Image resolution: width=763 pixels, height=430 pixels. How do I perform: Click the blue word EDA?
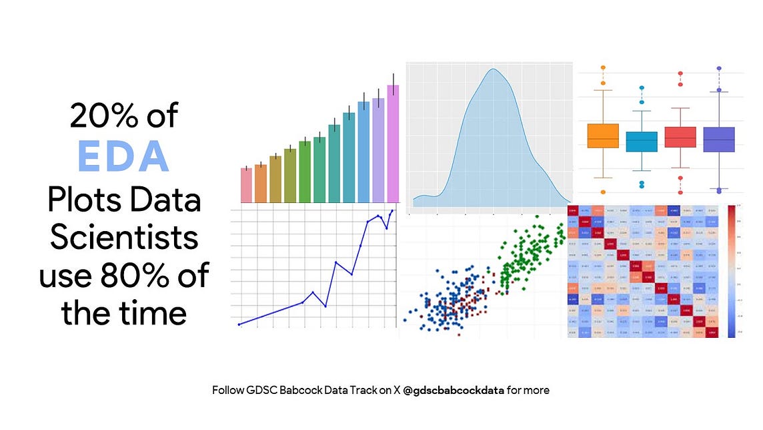point(124,156)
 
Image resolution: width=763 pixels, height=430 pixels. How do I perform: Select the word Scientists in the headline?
point(125,237)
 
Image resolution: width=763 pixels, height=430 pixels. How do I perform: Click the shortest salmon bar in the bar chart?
point(246,185)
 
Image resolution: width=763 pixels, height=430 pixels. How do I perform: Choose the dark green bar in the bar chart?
point(305,172)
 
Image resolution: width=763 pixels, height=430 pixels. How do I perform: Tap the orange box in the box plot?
point(603,136)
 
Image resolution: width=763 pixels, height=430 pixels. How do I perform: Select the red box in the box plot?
point(680,138)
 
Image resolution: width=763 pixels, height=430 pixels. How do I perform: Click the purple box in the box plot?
point(719,140)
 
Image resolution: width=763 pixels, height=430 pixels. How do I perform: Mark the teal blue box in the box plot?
point(642,142)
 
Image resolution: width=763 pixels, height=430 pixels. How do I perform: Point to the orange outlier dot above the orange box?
point(603,68)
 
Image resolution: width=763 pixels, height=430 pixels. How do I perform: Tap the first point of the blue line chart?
point(239,325)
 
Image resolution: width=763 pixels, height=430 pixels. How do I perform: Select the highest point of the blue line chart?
point(392,211)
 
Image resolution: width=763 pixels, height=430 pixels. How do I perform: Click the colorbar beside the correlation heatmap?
point(732,270)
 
